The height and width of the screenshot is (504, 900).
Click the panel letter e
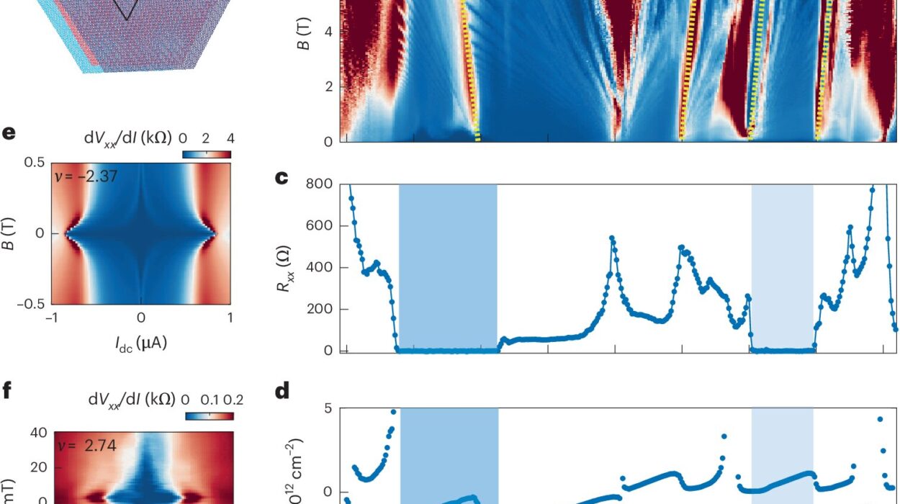pos(9,135)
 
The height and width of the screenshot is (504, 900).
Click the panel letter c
pos(284,177)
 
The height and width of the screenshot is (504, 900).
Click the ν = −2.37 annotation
pos(86,176)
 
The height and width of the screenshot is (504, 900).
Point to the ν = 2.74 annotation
pos(86,446)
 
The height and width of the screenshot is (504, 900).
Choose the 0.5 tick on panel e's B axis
pos(35,163)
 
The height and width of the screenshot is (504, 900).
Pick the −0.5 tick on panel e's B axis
pos(30,304)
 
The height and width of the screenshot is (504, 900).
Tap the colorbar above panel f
pos(210,415)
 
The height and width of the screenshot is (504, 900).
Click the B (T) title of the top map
pos(305,48)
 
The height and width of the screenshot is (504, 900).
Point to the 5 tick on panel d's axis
pos(326,408)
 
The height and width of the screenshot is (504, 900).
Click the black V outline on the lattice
pos(127,10)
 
